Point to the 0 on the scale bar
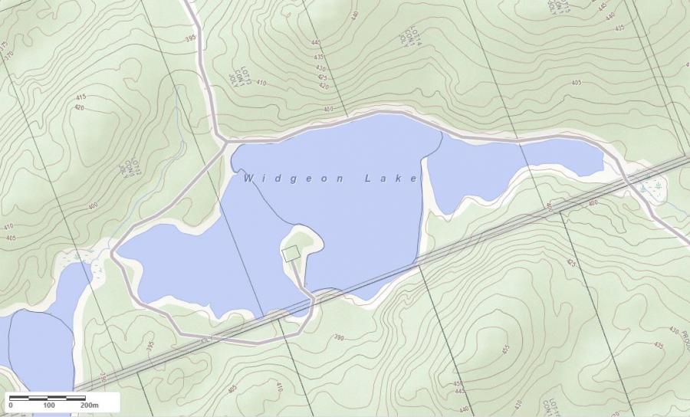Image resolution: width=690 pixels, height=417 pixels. click(x=11, y=405)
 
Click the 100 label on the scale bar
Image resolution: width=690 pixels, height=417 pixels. click(x=49, y=405)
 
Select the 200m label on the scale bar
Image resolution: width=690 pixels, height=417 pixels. click(x=89, y=405)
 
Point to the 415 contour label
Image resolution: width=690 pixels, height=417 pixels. click(x=80, y=97)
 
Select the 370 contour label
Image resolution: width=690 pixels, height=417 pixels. click(x=8, y=55)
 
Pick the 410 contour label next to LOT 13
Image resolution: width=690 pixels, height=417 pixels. click(x=261, y=83)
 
